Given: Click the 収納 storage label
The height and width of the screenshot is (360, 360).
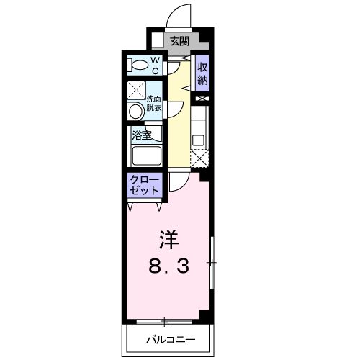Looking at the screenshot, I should (x=202, y=71).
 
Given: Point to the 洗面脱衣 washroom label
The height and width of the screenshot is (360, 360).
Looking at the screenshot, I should (x=155, y=102).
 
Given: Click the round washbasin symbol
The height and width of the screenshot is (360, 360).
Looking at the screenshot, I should (x=135, y=111).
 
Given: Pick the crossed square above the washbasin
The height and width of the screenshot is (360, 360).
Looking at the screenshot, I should (x=135, y=91).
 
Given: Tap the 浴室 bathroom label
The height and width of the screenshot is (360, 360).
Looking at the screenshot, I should (x=140, y=134).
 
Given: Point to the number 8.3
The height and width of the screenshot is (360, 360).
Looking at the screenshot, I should (x=169, y=266).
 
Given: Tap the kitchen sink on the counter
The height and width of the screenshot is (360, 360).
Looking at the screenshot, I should (x=199, y=138).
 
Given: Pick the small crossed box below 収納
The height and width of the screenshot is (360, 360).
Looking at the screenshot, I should (x=202, y=97).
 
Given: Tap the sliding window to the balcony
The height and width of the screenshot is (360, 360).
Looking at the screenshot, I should (x=165, y=320).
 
